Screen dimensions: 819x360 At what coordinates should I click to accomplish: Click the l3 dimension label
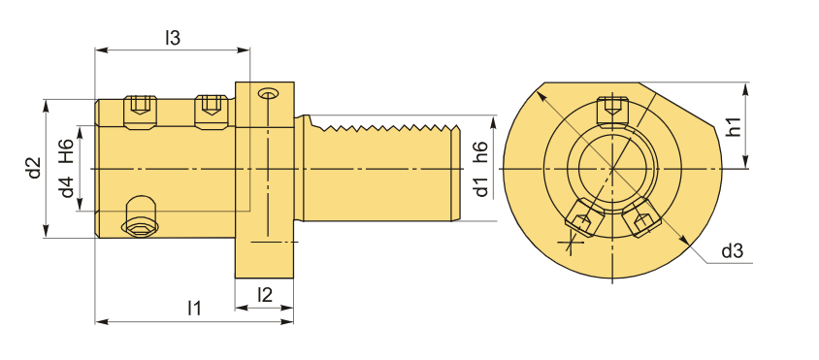click(x=173, y=38)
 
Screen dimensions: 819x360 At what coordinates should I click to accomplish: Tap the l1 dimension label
click(x=194, y=308)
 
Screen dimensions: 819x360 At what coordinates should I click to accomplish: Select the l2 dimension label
click(x=265, y=295)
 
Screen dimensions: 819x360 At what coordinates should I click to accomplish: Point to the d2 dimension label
click(x=35, y=168)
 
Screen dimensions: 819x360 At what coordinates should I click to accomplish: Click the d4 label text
click(x=67, y=187)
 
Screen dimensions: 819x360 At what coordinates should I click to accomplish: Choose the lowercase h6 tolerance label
click(x=480, y=153)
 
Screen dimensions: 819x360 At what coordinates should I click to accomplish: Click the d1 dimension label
click(x=480, y=187)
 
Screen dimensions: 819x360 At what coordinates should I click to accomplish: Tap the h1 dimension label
click(x=734, y=127)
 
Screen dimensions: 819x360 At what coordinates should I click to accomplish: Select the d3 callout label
click(x=732, y=252)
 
